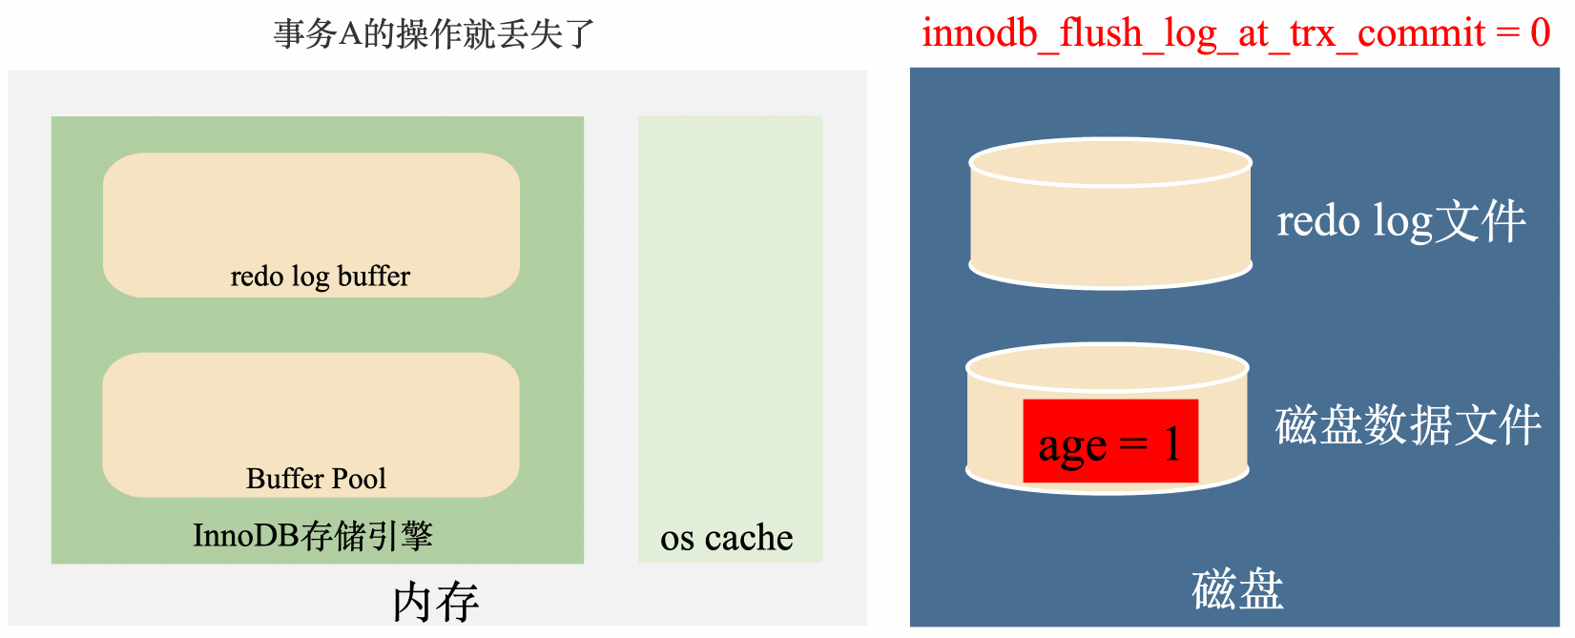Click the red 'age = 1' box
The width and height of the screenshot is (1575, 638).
point(1109,442)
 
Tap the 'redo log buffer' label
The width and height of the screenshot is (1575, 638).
point(320,277)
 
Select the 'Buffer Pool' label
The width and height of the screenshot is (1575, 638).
point(316,478)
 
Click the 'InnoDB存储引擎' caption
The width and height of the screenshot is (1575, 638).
point(313,536)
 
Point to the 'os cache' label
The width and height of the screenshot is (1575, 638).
point(726,538)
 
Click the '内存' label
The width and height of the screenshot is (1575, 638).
point(436,602)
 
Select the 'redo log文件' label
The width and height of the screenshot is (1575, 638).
point(1400,221)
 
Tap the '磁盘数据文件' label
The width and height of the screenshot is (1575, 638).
point(1408,425)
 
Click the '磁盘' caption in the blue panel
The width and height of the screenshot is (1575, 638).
point(1237,589)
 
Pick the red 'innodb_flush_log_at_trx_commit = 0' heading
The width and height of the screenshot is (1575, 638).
point(1235,33)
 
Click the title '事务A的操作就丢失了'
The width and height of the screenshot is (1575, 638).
point(434,34)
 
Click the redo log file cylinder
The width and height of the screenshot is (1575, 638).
point(1109,215)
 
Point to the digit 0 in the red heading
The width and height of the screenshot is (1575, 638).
point(1540,33)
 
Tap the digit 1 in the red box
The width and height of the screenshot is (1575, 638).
point(1171,443)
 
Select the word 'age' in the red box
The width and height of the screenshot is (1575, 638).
point(1072,446)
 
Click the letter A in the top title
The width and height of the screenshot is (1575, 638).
point(350,34)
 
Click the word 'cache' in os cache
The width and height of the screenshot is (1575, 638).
point(749,538)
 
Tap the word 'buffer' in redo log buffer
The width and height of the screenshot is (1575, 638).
point(374,277)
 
